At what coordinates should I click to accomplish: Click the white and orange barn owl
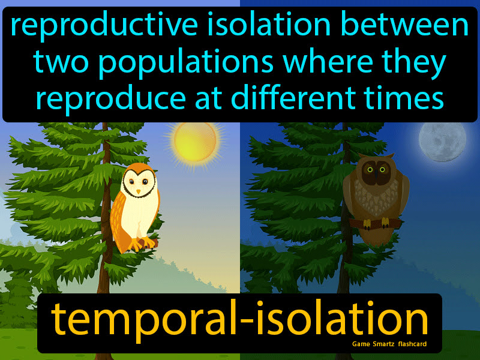[137, 207]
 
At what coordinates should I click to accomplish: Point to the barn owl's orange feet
[143, 244]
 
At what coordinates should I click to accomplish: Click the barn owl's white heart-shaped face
[141, 182]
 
